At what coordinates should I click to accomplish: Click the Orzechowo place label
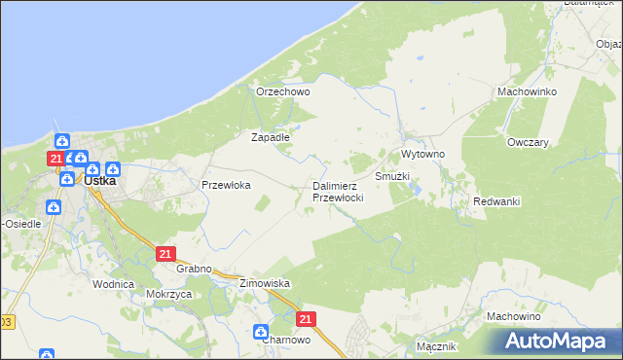tap(282, 91)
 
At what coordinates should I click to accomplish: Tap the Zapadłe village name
tap(271, 137)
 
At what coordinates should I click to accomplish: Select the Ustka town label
tap(100, 180)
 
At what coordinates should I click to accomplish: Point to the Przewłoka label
tap(226, 184)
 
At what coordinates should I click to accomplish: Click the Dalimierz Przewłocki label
tap(337, 191)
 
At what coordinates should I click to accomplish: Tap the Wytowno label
tap(422, 155)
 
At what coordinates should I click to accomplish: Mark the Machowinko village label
tap(526, 91)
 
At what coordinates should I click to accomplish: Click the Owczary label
tap(529, 141)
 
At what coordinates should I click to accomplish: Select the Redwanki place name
tap(496, 201)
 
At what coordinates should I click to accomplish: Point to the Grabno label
tap(195, 269)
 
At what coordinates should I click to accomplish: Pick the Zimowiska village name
tap(265, 283)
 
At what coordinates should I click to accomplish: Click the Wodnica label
tap(112, 284)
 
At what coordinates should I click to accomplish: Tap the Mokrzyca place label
tap(167, 293)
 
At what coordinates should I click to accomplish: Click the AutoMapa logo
tap(559, 342)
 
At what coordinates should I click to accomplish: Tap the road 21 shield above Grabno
tap(165, 254)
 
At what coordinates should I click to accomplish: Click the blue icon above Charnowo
tap(262, 331)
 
